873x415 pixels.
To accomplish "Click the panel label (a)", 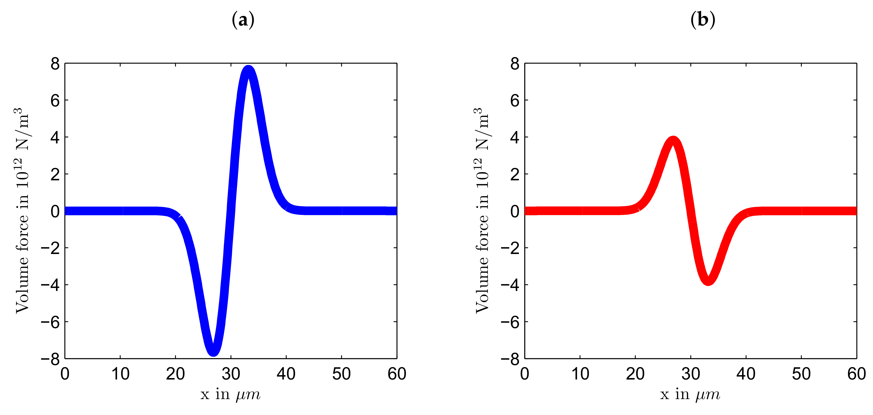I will [x=243, y=20].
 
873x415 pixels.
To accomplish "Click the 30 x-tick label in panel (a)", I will [x=231, y=374].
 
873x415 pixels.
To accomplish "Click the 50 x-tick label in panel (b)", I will [x=801, y=374].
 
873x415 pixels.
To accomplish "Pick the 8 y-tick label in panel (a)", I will [x=55, y=64].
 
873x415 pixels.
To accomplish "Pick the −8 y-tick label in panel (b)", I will [x=510, y=359].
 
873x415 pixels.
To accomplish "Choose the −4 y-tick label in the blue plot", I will [x=50, y=285].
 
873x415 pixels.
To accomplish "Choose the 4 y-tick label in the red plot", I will [x=515, y=137].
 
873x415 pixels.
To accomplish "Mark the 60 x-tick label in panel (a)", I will [x=397, y=374].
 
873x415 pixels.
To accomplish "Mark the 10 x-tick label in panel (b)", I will [x=580, y=374].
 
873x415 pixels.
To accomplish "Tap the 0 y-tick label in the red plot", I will [x=515, y=211].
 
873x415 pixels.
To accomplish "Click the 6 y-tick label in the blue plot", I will [x=55, y=100].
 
